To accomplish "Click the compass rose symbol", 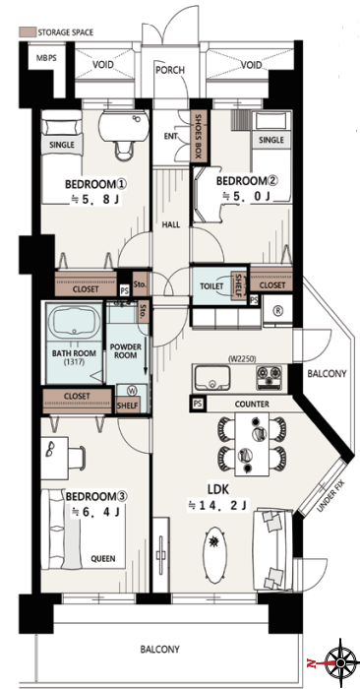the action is (x=340, y=662).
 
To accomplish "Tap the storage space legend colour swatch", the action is (x=27, y=32).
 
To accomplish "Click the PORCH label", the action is (x=170, y=70).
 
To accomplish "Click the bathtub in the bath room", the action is (x=74, y=322).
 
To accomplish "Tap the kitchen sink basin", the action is (x=212, y=377).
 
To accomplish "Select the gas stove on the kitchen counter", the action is (x=269, y=377).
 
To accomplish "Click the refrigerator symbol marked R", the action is (x=277, y=311).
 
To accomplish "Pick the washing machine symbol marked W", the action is (x=131, y=390).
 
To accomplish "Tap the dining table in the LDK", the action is (x=252, y=444).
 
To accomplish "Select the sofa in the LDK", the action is (x=272, y=549).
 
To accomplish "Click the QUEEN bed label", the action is (x=103, y=559).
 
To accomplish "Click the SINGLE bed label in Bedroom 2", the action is (x=271, y=140).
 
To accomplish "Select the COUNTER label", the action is (x=252, y=405).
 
